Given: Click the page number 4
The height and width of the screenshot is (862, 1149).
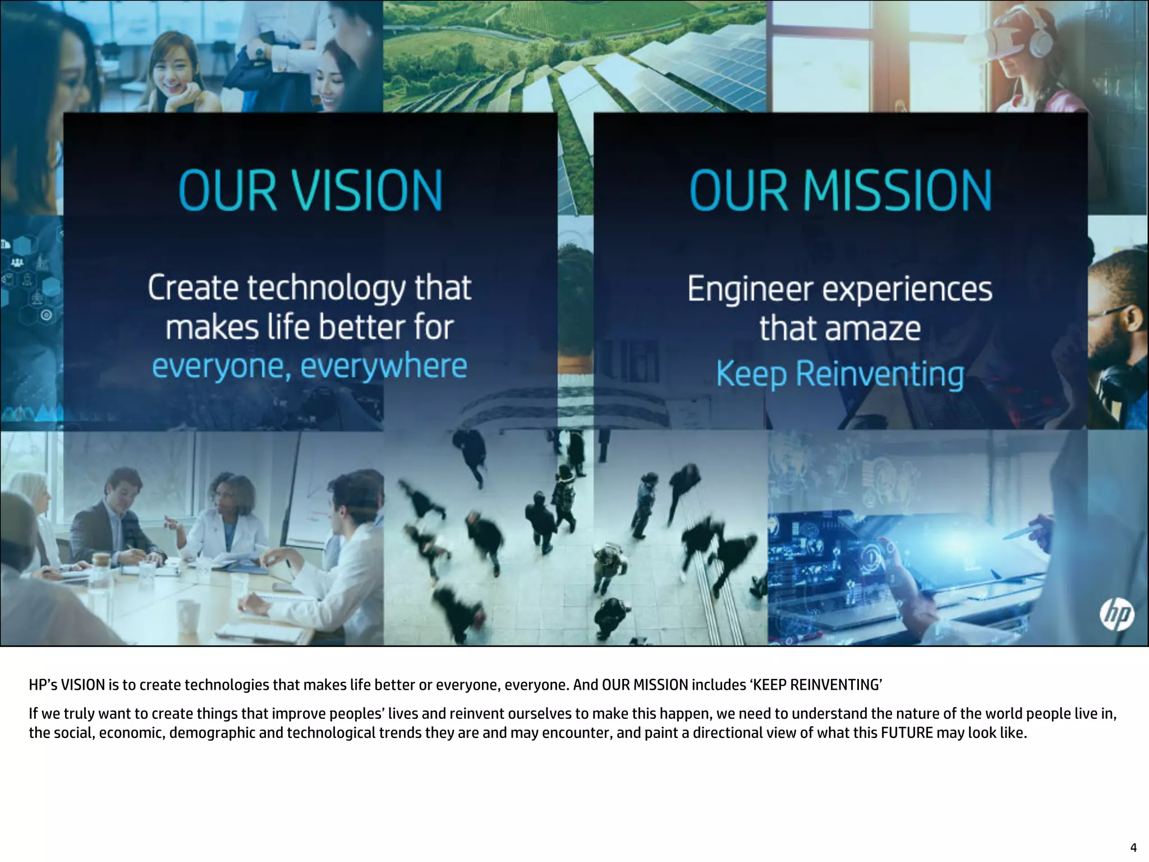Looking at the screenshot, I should click(1133, 848).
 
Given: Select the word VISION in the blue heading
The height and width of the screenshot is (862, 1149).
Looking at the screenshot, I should click(367, 191).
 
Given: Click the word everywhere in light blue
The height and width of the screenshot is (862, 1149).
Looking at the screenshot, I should click(384, 366).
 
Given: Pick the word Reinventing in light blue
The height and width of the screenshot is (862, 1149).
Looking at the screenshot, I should click(880, 375).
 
